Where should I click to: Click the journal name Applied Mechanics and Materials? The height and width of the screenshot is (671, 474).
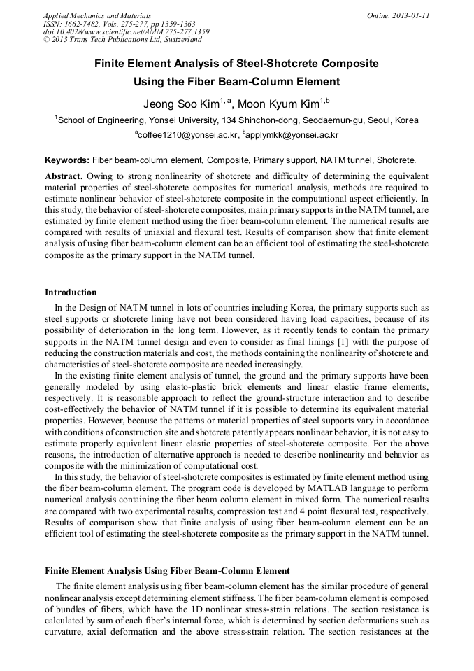(97, 15)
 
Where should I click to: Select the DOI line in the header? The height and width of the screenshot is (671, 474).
(126, 32)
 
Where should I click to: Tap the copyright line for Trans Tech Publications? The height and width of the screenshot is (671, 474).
(122, 41)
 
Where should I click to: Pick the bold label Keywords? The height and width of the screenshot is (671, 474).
(67, 160)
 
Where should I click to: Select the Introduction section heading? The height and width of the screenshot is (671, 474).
(71, 292)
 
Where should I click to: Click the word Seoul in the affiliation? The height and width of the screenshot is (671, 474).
(382, 120)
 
